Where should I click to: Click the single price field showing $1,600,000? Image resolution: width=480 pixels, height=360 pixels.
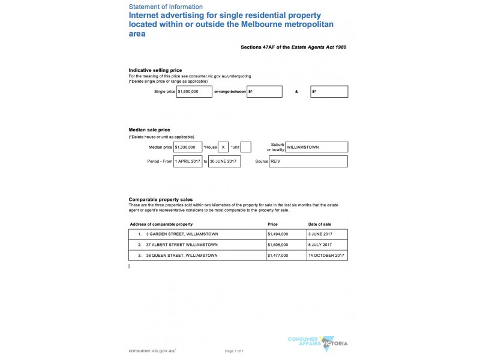pos(194,92)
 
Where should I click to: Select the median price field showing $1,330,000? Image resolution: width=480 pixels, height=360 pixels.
pos(188,147)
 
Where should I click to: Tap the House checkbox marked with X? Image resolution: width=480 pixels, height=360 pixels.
pos(223,147)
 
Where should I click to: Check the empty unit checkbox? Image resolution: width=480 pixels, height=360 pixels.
pos(245,147)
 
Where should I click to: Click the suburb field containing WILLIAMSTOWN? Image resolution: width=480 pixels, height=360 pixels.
pos(316,147)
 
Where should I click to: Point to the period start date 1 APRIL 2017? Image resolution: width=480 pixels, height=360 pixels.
pos(188,161)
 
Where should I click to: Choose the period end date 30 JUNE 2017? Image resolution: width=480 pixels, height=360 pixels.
pos(224,161)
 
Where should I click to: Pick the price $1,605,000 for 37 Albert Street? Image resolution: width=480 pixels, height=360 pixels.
pos(278,245)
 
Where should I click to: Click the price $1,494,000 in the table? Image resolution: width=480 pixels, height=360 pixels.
pos(278,234)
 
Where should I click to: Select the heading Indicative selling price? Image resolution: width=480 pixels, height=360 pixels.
pos(155,70)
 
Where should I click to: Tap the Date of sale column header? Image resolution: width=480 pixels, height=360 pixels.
pos(319,224)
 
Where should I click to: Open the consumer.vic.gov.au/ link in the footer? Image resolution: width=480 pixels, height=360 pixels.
pos(152,350)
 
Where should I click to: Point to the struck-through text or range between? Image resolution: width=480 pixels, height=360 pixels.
pos(230,92)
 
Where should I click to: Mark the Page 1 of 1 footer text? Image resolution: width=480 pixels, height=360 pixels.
pos(234,350)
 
